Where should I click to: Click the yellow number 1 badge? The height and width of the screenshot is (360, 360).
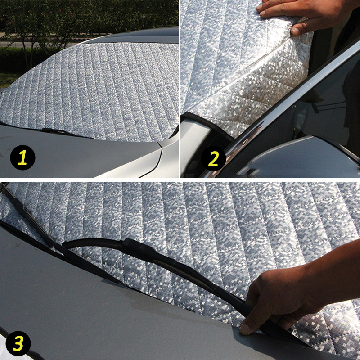22,157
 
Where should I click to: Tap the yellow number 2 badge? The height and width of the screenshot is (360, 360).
213,158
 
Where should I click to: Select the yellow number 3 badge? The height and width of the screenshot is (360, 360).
18,343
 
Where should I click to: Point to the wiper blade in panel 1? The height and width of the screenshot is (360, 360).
61,132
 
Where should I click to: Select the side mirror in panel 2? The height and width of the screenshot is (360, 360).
296,156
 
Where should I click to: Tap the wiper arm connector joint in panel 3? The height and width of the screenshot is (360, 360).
135,246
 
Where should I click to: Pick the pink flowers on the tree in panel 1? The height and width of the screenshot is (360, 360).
67,14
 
